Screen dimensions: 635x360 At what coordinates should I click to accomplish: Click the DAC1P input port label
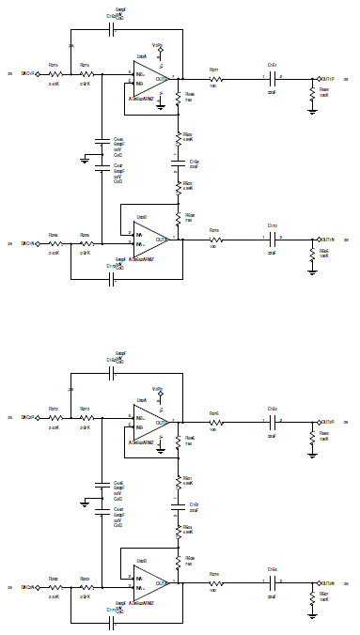[x=28, y=72]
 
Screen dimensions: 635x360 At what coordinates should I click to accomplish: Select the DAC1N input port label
[x=28, y=243]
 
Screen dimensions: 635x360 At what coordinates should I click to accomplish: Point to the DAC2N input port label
[x=28, y=587]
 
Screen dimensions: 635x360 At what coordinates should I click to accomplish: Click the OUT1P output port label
[x=329, y=79]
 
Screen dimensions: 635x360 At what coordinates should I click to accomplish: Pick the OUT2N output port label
[x=329, y=582]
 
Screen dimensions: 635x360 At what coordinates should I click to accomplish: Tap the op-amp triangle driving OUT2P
[x=149, y=422]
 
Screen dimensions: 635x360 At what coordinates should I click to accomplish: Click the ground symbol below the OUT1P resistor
[x=312, y=111]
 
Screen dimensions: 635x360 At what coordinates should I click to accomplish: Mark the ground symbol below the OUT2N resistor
[x=312, y=615]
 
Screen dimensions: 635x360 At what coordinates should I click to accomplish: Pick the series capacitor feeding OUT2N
[x=272, y=582]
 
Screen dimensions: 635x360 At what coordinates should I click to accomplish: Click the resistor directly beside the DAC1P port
[x=55, y=72]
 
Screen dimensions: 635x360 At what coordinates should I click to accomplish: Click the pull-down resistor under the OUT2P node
[x=312, y=438]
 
